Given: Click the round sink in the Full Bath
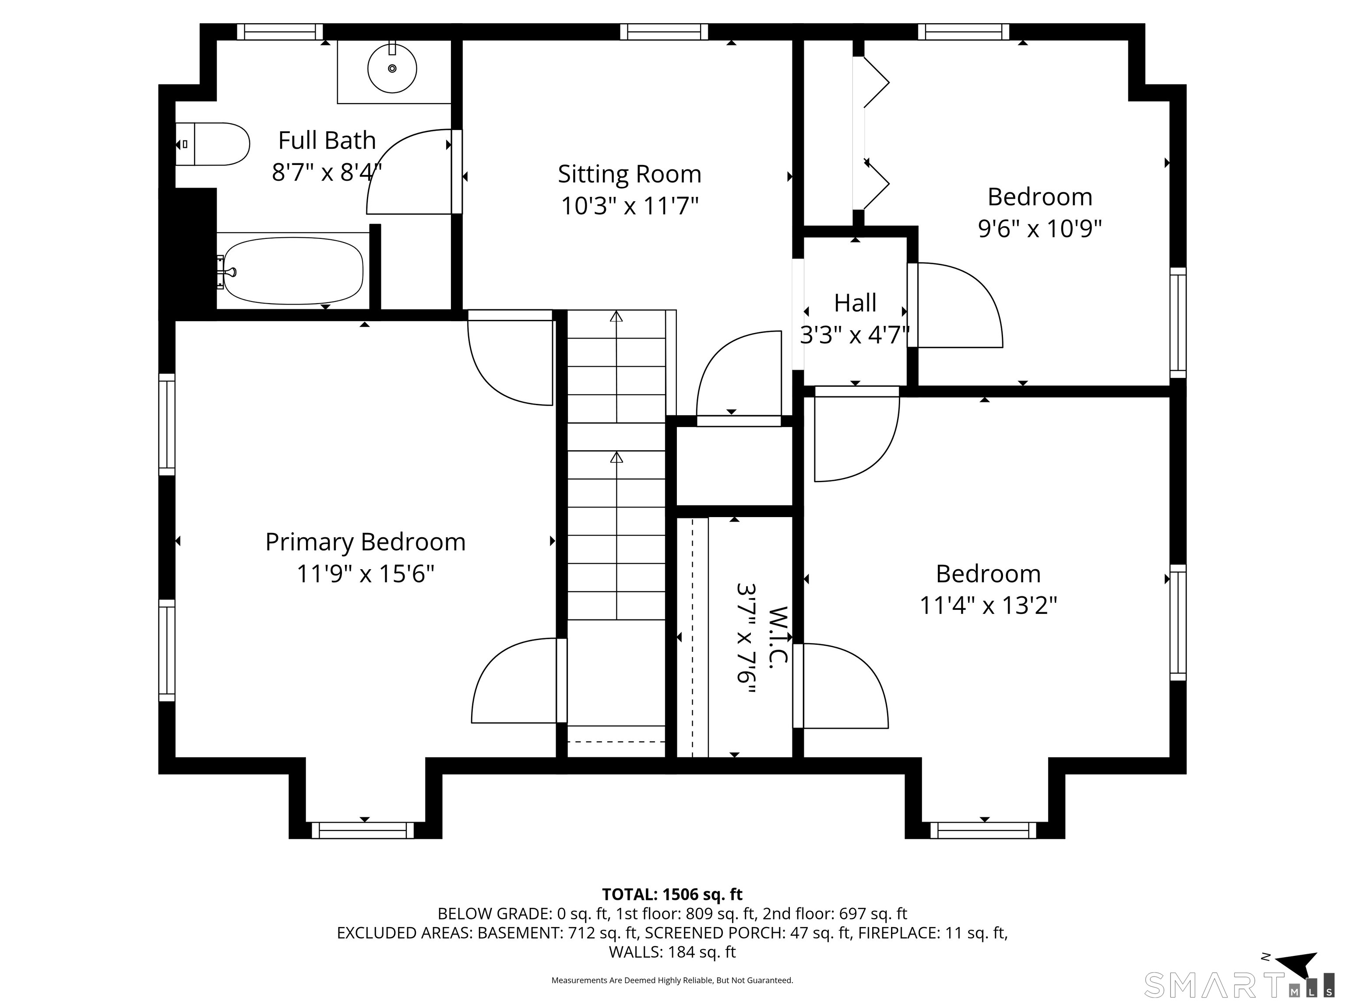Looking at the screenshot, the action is pos(392,68).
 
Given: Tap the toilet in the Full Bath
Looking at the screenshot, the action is pos(213,144).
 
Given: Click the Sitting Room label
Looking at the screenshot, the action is pos(629,175).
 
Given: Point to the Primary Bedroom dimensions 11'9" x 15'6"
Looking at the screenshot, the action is pos(366,574).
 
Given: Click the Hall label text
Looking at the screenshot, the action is pos(855,303).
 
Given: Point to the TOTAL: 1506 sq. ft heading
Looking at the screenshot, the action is pos(672,894).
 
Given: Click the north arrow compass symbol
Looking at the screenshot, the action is pos(1295,966).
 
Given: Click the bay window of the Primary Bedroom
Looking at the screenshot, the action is pos(363,830).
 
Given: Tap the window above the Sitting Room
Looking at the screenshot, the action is pos(664,31).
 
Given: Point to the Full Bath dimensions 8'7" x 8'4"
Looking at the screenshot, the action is pos(327,172).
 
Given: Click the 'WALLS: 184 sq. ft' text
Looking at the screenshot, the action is pos(672,952).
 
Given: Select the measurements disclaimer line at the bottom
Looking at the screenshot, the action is pos(672,980).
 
